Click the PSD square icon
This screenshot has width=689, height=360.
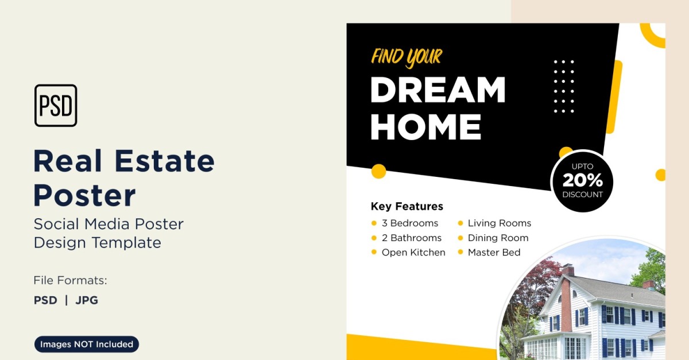click(56, 106)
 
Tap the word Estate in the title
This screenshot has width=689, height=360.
click(165, 161)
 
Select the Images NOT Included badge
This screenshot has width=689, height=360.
click(87, 344)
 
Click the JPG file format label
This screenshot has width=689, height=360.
click(87, 300)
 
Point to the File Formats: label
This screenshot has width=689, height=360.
click(70, 280)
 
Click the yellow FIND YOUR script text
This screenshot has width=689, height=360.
click(407, 58)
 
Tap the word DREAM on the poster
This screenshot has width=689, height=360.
click(438, 90)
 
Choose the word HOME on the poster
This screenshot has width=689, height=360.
click(425, 127)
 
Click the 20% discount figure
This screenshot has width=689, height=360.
click(583, 180)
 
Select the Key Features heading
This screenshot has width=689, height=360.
click(407, 206)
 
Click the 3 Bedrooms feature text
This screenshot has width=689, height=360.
click(410, 223)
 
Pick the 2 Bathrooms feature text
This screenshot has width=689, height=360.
click(412, 238)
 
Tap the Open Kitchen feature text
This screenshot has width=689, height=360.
click(413, 253)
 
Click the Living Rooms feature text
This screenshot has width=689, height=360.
click(500, 223)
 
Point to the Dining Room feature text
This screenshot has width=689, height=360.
click(498, 238)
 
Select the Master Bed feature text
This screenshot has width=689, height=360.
click(494, 253)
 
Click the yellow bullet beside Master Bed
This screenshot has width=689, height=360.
click(460, 252)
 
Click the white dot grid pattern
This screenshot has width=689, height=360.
click(564, 87)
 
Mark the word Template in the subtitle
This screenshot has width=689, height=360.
click(126, 243)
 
